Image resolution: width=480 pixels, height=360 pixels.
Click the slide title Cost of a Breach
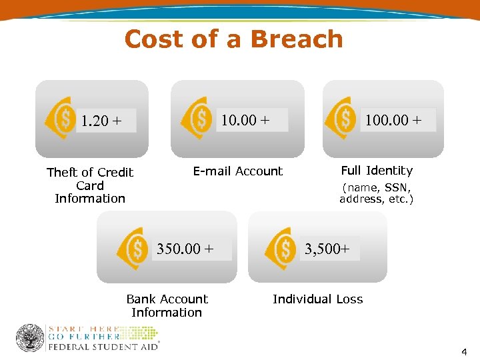point(233,39)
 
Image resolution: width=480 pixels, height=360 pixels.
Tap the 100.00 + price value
point(393,121)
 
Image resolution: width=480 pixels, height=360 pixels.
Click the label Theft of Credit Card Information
point(90,185)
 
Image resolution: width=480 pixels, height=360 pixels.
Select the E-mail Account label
point(238,171)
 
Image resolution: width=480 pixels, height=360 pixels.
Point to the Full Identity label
point(377,171)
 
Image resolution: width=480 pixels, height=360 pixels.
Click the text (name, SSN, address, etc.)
point(377,193)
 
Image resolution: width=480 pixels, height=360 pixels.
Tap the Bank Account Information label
point(167,305)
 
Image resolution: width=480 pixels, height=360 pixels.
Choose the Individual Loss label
point(318,299)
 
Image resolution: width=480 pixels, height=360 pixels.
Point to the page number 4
point(464,351)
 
